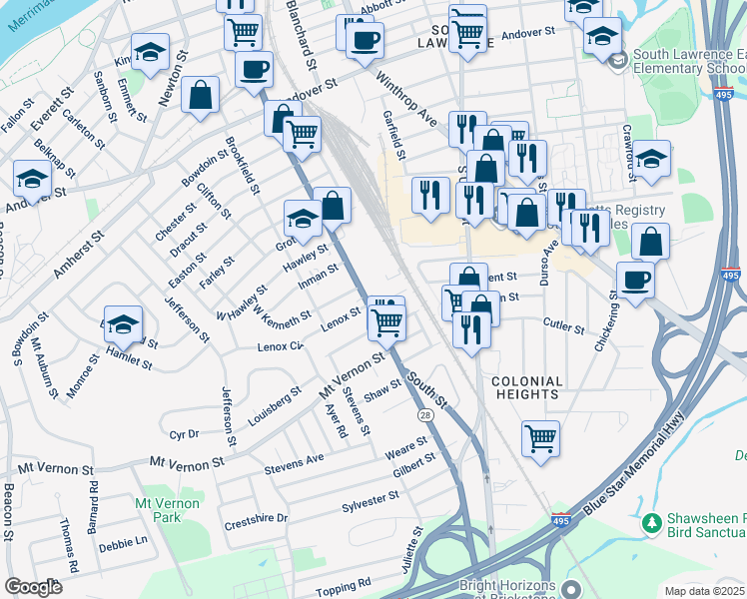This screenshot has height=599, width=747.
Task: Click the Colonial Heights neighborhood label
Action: click(x=526, y=387)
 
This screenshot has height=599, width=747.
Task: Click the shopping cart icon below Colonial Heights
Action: click(x=540, y=437)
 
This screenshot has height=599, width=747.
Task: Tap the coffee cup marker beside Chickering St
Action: click(x=635, y=280)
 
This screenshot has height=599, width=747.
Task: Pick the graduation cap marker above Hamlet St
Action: click(x=123, y=324)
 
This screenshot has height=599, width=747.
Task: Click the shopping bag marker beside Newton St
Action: click(x=201, y=96)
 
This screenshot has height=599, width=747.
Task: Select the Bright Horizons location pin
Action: click(x=570, y=589)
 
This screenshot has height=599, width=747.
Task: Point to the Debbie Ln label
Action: click(x=123, y=543)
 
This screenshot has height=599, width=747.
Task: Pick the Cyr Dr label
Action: click(x=185, y=434)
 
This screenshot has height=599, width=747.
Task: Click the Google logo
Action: click(x=33, y=587)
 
